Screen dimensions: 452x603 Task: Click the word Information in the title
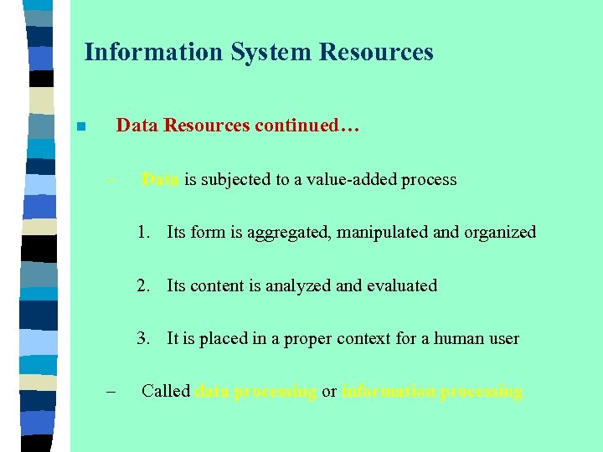coord(154,53)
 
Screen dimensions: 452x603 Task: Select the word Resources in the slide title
coord(375,53)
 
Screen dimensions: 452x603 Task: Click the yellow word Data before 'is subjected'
coord(160,179)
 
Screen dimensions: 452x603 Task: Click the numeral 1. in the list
coord(146,233)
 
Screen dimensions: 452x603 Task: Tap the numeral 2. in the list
coord(146,286)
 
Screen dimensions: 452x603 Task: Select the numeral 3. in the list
coord(146,339)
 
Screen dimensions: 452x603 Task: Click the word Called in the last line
coord(166,392)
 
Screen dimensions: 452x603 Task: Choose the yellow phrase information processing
coord(432,392)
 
